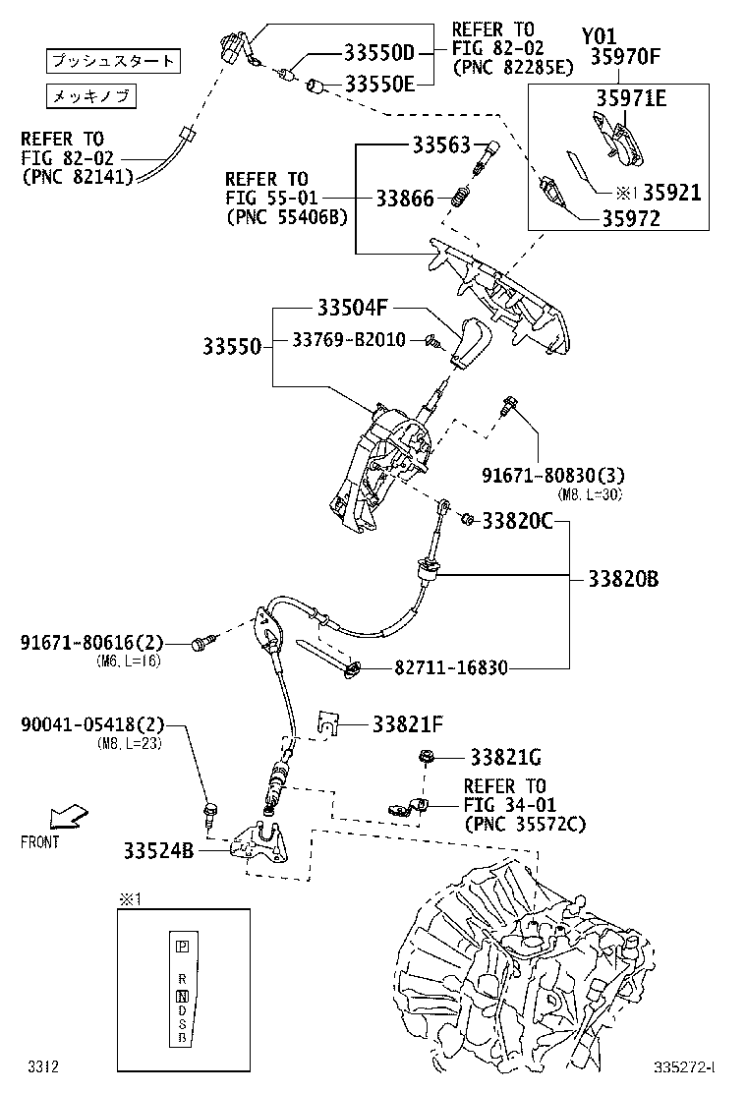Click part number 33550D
pos(379,54)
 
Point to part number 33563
pos(441,145)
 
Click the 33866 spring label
pos(404,199)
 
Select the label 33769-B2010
pos(348,340)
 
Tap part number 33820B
pos(623,578)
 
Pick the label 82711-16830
pos(451,668)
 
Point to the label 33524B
pos(158,848)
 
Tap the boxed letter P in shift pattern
pos(182,947)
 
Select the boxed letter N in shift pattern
pos(182,997)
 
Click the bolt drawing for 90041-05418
pos(210,811)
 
